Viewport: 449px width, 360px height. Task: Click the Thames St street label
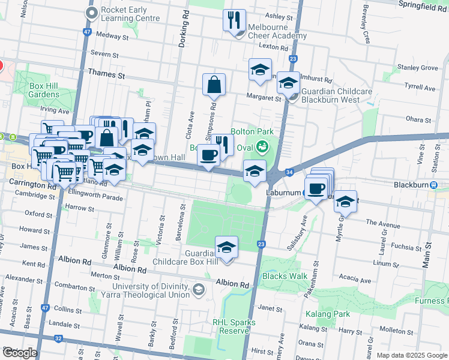click(106, 76)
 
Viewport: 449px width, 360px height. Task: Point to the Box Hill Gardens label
click(44, 90)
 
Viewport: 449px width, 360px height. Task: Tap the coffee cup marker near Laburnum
click(316, 189)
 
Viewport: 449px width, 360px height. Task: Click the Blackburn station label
click(410, 185)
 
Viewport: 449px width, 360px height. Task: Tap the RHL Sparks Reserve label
click(234, 326)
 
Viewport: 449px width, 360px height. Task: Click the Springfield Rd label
click(423, 3)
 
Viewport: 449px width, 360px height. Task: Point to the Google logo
click(19, 353)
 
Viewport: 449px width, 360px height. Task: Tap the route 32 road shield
click(58, 338)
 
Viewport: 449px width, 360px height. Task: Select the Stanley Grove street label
click(417, 68)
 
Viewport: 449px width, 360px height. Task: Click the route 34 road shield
click(289, 172)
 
